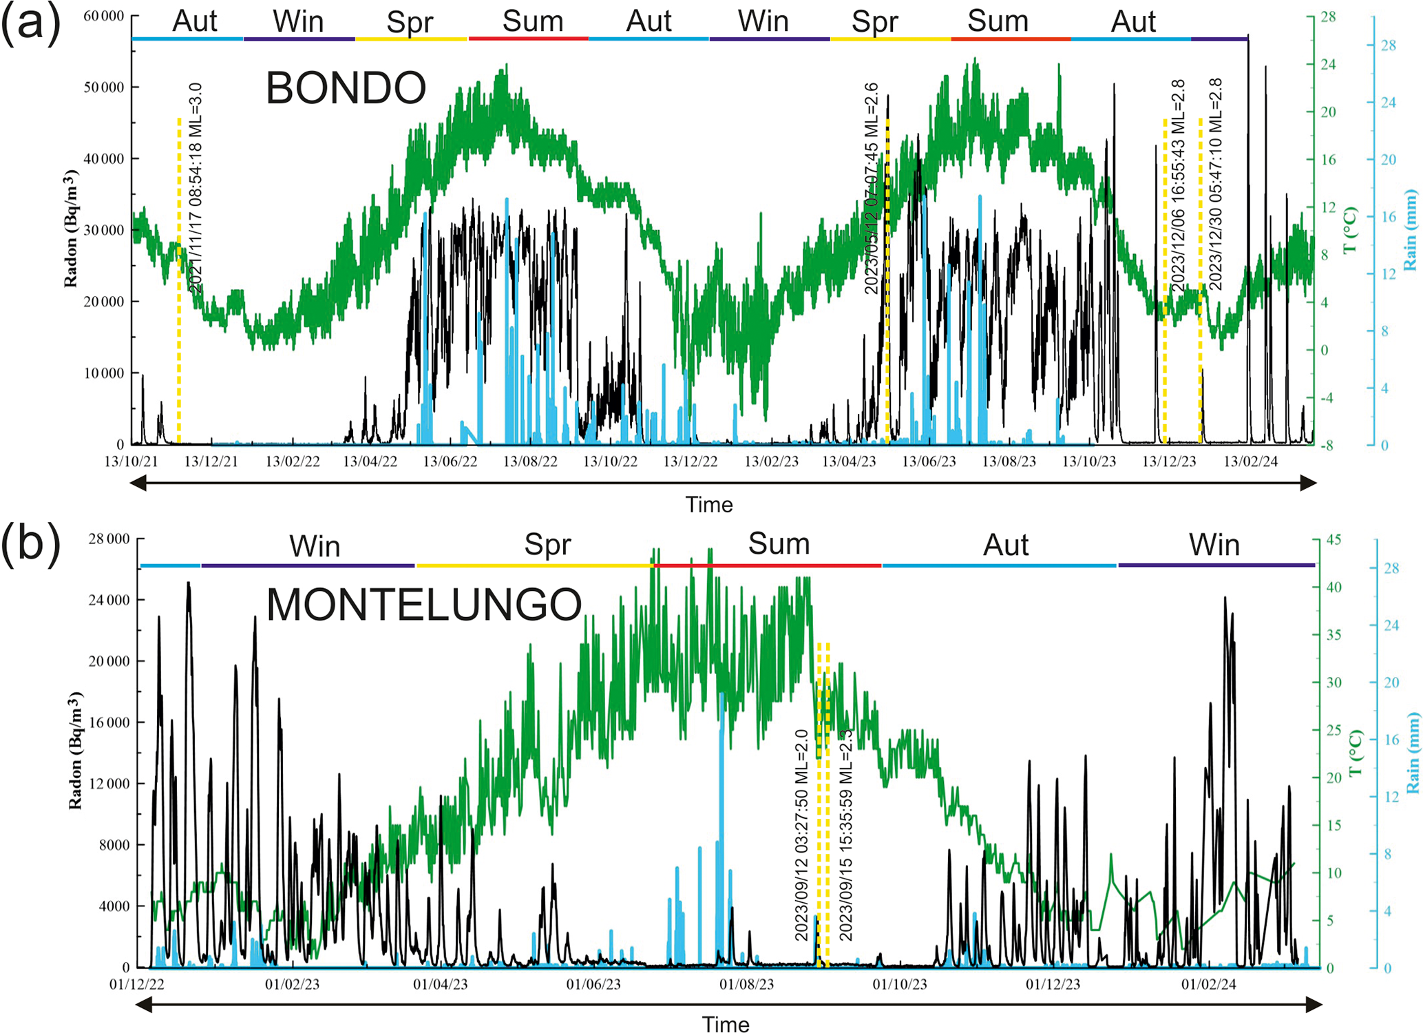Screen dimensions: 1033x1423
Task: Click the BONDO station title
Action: point(346,88)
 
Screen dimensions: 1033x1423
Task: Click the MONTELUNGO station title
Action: point(423,605)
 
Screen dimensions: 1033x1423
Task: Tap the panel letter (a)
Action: point(31,23)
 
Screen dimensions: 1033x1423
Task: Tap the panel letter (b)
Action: point(31,544)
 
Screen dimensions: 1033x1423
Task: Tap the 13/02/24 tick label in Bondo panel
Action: point(1250,461)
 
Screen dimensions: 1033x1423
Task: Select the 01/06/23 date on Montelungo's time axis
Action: point(593,984)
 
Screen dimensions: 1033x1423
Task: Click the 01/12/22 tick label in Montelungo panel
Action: point(137,984)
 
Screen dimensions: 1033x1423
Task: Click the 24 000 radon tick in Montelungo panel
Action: point(109,600)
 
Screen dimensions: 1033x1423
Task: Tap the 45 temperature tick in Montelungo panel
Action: point(1334,539)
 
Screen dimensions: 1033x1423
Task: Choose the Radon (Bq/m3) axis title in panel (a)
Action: point(70,229)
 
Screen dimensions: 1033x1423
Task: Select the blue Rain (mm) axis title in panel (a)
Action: point(1410,229)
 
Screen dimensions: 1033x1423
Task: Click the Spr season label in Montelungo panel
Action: point(547,545)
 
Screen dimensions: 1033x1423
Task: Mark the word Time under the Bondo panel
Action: point(708,505)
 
